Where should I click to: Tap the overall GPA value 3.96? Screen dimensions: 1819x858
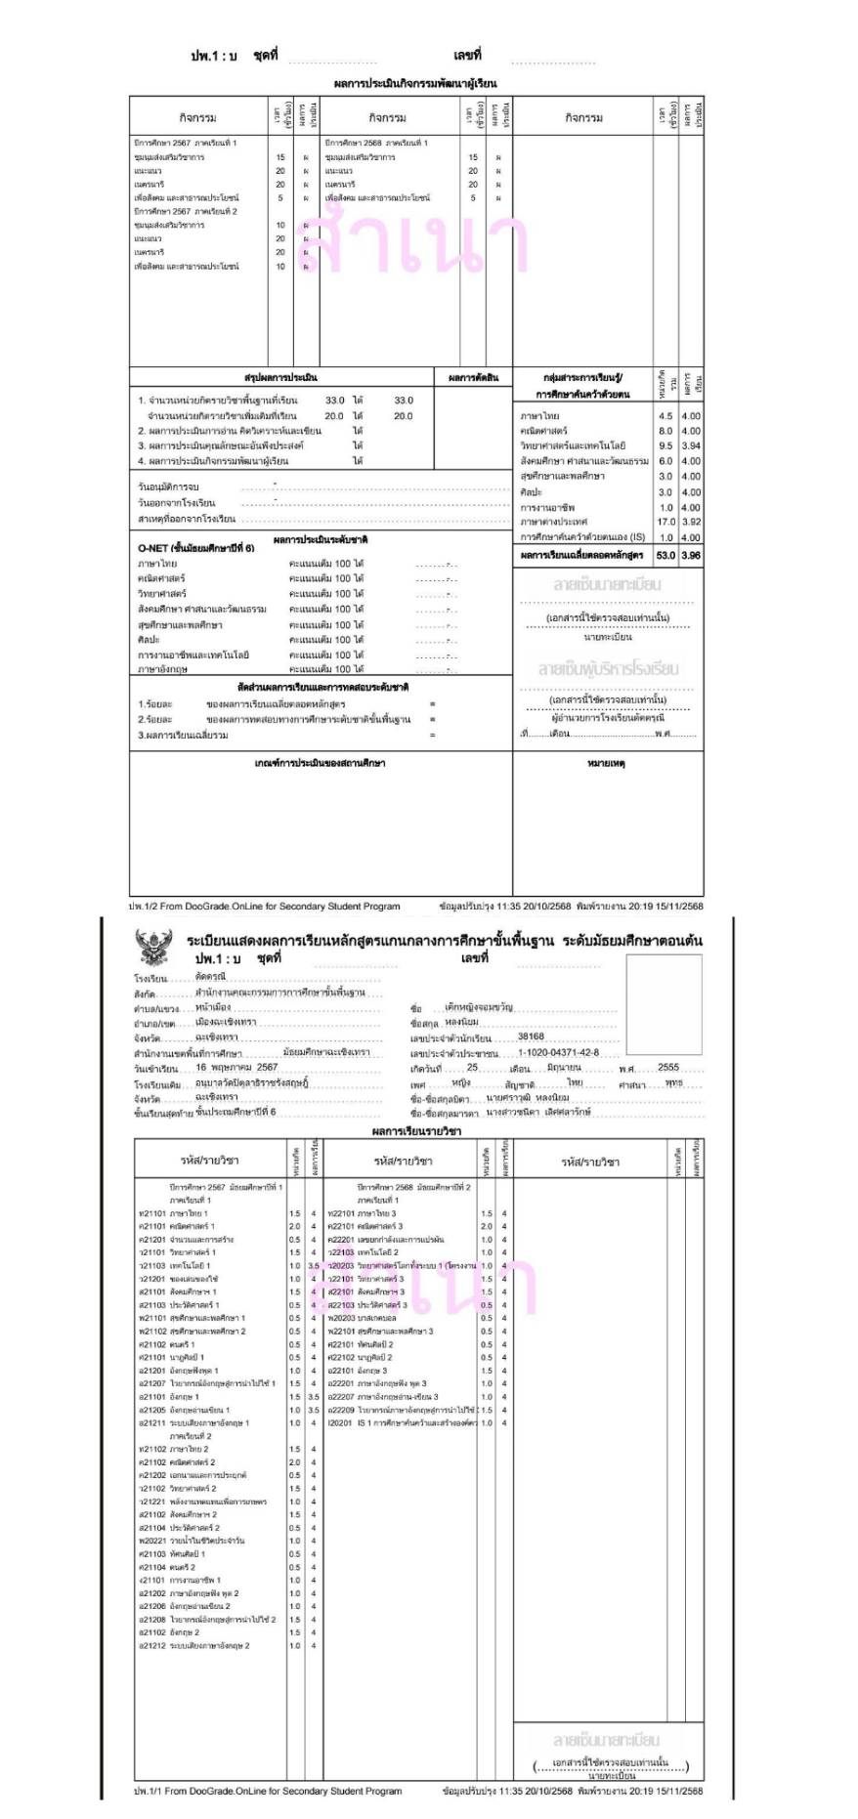692,555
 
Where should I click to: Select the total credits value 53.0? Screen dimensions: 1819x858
665,555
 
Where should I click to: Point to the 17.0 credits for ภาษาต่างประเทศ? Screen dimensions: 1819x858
665,522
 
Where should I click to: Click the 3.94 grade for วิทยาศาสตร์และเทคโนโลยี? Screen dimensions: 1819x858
692,445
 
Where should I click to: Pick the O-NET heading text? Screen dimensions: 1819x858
195,548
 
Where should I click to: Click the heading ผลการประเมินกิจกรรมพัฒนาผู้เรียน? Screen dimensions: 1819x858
415,84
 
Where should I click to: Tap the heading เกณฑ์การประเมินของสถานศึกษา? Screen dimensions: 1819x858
320,763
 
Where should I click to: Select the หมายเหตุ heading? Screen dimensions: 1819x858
606,763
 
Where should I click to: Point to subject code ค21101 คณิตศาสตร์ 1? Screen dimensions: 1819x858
177,1226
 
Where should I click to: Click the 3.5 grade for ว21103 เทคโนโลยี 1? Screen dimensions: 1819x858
314,1266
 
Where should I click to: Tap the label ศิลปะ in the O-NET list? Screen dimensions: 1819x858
149,639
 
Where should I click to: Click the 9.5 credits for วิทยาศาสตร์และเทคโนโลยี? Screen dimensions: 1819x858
665,445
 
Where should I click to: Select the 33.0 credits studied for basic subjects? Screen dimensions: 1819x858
334,401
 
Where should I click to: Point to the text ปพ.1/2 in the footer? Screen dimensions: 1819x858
145,906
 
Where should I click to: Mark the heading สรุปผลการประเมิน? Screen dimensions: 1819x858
280,377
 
